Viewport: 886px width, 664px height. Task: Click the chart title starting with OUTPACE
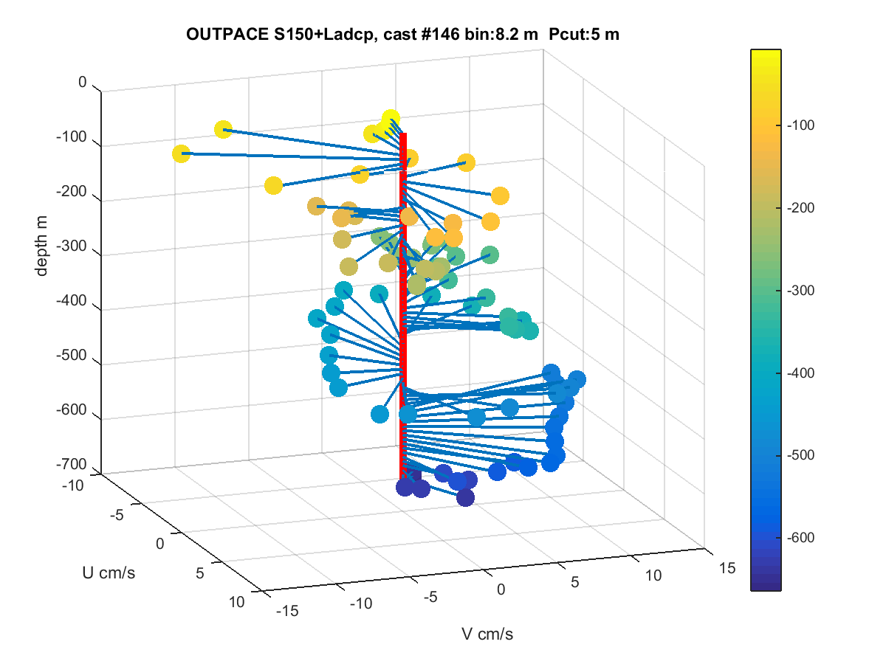tap(402, 35)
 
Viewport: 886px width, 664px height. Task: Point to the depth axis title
tap(41, 246)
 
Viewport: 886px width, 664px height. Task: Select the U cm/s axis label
tap(109, 573)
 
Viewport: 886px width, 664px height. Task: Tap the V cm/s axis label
tap(487, 634)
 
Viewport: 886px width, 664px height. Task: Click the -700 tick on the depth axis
tap(71, 464)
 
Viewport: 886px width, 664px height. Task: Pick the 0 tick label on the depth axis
tap(83, 82)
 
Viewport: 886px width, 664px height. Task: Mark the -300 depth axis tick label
tap(71, 246)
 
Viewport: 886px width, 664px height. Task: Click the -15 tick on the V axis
tap(287, 611)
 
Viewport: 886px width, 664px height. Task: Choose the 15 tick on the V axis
tap(727, 568)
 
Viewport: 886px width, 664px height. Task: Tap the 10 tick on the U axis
tap(236, 602)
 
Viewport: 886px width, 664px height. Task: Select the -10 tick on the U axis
tap(72, 485)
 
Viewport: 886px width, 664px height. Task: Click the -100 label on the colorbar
tap(801, 125)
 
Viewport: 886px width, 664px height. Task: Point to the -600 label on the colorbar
tap(801, 537)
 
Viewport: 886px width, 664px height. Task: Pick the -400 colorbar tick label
tap(801, 373)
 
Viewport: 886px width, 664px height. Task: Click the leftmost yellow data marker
tap(181, 153)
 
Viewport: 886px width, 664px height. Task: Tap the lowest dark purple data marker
tap(465, 497)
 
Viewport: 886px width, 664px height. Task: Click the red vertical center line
tap(403, 306)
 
